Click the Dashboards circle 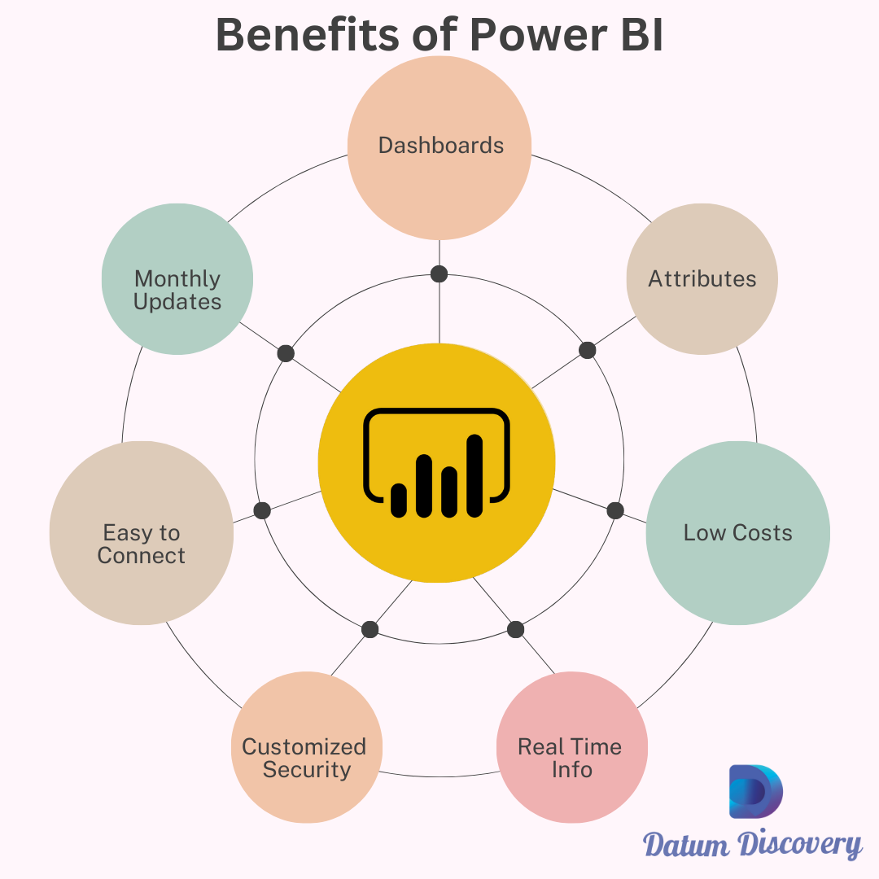click(439, 146)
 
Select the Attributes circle click(702, 279)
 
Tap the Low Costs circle click(737, 533)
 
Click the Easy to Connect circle click(142, 533)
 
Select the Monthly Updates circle click(177, 279)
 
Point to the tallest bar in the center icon click(474, 476)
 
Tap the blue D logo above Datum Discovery click(754, 791)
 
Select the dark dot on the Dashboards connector click(439, 273)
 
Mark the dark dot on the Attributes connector click(588, 350)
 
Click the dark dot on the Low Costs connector click(615, 510)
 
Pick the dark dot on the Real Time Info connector click(516, 629)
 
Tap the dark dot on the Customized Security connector click(370, 629)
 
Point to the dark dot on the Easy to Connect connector click(262, 510)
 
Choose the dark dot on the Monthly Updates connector click(286, 353)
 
